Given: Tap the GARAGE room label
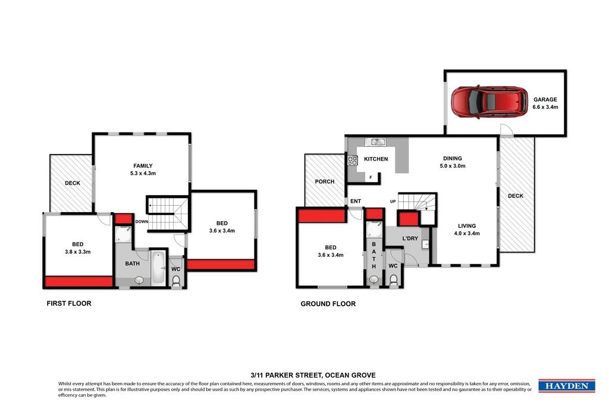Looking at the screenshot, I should tap(545, 99).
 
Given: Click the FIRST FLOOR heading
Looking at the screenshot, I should tap(69, 303).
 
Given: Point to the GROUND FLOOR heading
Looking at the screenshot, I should tap(328, 304).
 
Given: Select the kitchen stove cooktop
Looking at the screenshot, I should tap(352, 160).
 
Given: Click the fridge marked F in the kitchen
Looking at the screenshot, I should tap(371, 177).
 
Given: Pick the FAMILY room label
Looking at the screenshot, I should tap(143, 166).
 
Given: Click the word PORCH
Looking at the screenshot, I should tap(325, 181).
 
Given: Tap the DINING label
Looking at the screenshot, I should tap(453, 158).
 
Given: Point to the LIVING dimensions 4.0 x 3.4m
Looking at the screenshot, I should tap(468, 234).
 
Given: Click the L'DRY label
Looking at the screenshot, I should tap(411, 238).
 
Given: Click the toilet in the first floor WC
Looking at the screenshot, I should tap(176, 281).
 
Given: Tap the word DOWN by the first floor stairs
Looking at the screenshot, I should tap(142, 222).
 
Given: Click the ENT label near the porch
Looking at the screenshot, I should tap(356, 202).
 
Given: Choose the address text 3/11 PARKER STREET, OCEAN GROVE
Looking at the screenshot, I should tap(304, 375).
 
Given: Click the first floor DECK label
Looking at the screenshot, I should tap(72, 183).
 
